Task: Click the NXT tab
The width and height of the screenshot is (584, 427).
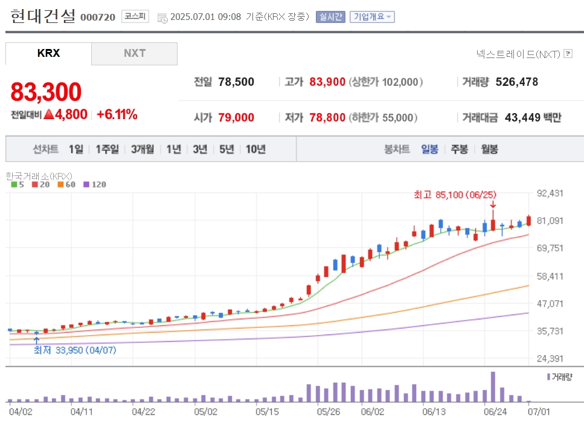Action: pyautogui.click(x=134, y=53)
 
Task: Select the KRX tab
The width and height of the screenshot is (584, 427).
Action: pyautogui.click(x=48, y=53)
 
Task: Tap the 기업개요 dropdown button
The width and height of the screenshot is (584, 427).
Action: pyautogui.click(x=372, y=17)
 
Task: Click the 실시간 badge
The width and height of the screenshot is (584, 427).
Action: pyautogui.click(x=330, y=17)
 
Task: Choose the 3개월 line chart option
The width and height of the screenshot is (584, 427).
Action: pyautogui.click(x=143, y=149)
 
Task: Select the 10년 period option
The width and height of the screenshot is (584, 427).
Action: pyautogui.click(x=255, y=149)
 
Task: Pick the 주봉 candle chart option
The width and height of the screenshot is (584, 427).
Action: pyautogui.click(x=459, y=149)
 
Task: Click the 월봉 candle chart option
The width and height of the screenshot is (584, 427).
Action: pyautogui.click(x=489, y=149)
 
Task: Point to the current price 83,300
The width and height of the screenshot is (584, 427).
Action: pyautogui.click(x=46, y=92)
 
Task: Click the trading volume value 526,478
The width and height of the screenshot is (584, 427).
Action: pyautogui.click(x=516, y=82)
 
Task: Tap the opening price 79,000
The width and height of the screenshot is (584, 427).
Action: pyautogui.click(x=236, y=117)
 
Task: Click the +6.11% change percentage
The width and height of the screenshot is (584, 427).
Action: pyautogui.click(x=117, y=114)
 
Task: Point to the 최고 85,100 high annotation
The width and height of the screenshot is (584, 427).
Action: pyautogui.click(x=455, y=195)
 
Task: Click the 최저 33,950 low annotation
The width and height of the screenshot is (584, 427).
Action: pyautogui.click(x=75, y=350)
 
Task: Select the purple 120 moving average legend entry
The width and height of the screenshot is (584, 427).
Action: pyautogui.click(x=95, y=184)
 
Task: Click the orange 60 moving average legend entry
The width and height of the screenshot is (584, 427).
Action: pyautogui.click(x=66, y=184)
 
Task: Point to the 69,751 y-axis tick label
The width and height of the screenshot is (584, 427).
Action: pyautogui.click(x=550, y=248)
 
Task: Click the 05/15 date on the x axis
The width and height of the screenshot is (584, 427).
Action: pyautogui.click(x=267, y=412)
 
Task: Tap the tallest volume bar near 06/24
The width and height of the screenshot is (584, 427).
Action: pyautogui.click(x=493, y=386)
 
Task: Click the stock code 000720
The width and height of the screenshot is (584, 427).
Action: pyautogui.click(x=98, y=17)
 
